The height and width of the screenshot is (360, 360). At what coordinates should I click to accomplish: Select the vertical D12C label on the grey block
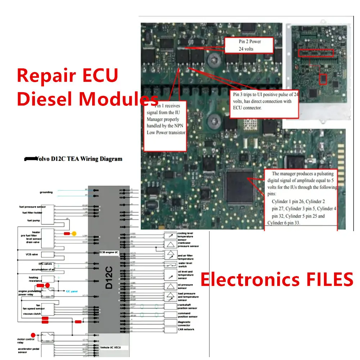coord(109,278)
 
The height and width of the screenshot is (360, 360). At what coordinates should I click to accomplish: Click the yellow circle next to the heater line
coord(74,233)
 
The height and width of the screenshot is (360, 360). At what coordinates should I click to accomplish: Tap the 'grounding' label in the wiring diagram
coord(46,192)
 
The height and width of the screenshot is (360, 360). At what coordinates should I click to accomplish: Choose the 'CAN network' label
coord(186,329)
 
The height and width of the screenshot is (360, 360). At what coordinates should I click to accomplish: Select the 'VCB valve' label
coord(32,255)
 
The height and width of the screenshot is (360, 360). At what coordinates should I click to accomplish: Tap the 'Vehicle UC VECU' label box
coord(110,347)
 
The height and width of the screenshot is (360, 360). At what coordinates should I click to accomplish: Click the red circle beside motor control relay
coord(33,335)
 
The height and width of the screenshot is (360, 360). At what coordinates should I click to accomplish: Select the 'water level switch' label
coord(185,265)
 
